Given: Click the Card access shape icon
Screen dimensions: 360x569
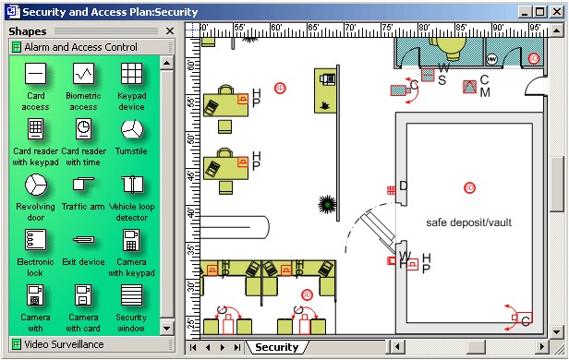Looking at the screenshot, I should point(37,73).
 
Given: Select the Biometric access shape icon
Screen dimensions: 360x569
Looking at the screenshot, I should point(84,73).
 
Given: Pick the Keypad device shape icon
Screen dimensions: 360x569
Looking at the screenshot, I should point(131,73).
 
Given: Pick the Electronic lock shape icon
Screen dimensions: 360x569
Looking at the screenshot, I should point(37,239).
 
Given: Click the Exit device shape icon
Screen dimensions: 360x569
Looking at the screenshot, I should point(84,239).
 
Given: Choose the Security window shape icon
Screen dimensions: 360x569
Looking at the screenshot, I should point(131,295).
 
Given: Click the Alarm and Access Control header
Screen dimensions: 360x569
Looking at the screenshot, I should point(80,46).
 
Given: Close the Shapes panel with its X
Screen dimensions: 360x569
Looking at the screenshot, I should point(169,30).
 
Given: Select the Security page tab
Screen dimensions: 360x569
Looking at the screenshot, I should point(276,347).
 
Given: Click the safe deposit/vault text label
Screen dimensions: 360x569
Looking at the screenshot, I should point(468,222).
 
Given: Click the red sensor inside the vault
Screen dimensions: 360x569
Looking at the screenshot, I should point(469,187).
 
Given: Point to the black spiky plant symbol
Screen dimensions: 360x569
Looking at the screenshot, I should point(326,202).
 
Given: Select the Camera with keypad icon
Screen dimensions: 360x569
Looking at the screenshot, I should point(131,239).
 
